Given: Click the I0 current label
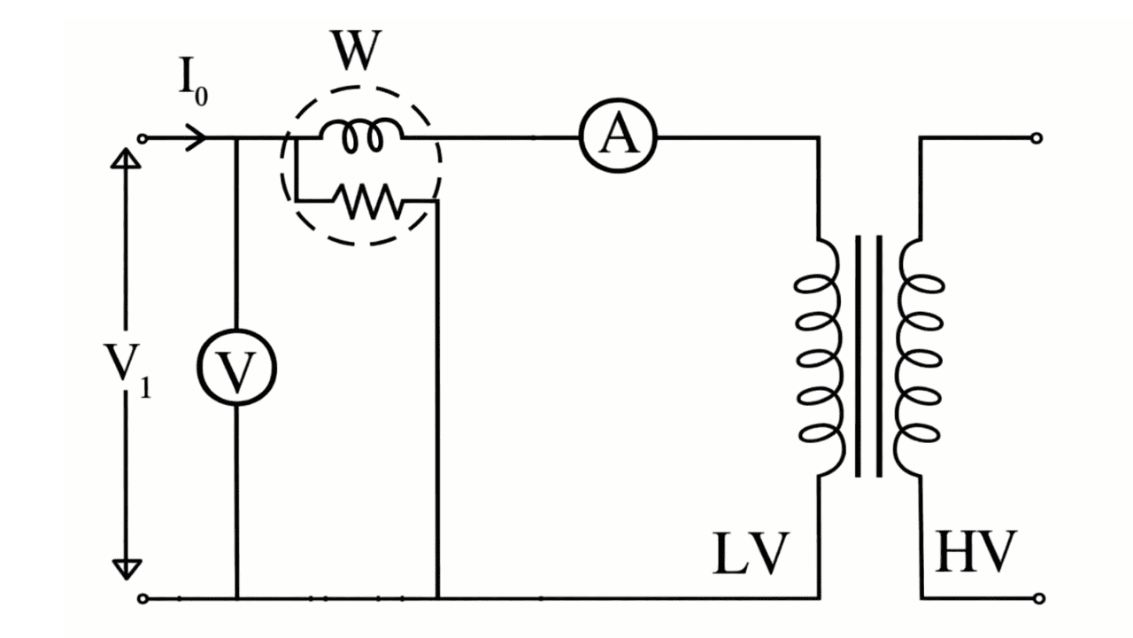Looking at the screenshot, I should [192, 82].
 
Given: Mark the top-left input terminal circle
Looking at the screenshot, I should [142, 138].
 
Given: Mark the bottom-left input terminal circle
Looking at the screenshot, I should [142, 598].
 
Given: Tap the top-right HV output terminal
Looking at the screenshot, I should [1037, 138].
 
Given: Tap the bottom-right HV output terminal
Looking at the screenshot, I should [1037, 598].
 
